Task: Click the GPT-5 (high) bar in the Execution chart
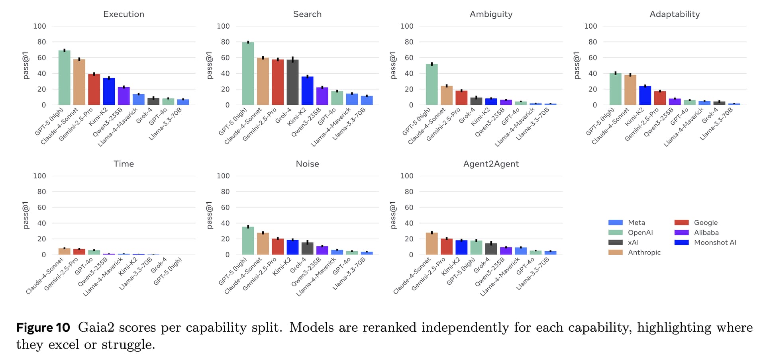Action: pyautogui.click(x=64, y=78)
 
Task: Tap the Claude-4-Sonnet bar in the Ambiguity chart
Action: pyautogui.click(x=446, y=96)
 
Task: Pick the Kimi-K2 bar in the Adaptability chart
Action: pyautogui.click(x=645, y=96)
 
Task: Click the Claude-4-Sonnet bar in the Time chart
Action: pyautogui.click(x=64, y=252)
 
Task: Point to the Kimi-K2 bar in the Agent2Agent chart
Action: pyautogui.click(x=461, y=247)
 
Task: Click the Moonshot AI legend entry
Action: pyautogui.click(x=715, y=243)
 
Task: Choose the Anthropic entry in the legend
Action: pyautogui.click(x=644, y=252)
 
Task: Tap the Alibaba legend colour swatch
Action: pyautogui.click(x=681, y=233)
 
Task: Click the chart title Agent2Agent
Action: pyautogui.click(x=491, y=164)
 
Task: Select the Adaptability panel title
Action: pyautogui.click(x=675, y=14)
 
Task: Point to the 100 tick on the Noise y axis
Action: pyautogui.click(x=223, y=176)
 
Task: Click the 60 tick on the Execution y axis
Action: pyautogui.click(x=41, y=58)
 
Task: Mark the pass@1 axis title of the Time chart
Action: pyautogui.click(x=26, y=215)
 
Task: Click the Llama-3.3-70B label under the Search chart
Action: pyautogui.click(x=349, y=123)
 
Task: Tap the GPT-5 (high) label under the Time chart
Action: pyautogui.click(x=168, y=271)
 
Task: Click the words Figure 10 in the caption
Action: pyautogui.click(x=43, y=328)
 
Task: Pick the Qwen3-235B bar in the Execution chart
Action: pyautogui.click(x=124, y=96)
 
